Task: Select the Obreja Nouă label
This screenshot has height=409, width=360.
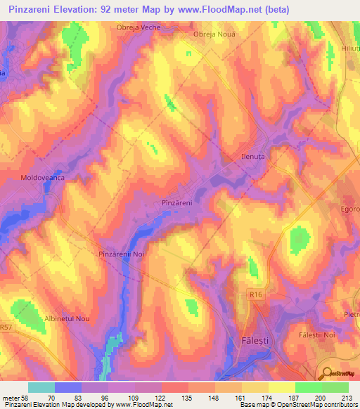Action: coord(214,34)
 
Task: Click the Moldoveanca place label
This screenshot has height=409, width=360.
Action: coord(42,178)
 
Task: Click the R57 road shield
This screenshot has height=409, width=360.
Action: coord(6,327)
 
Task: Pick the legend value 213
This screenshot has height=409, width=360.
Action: coord(347,397)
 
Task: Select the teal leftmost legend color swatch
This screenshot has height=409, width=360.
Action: coord(41,387)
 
